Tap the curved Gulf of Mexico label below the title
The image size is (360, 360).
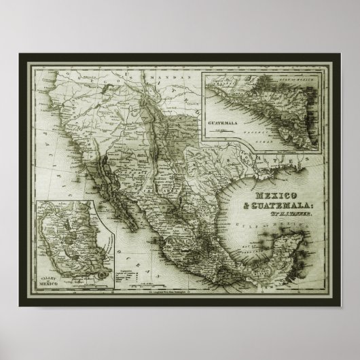click(278, 234)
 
